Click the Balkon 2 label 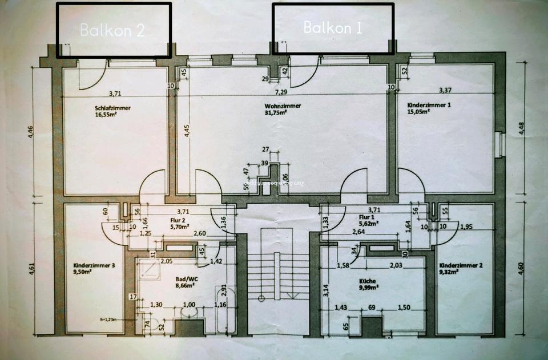point(112,30)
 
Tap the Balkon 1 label point(333,27)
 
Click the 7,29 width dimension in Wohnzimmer point(281,92)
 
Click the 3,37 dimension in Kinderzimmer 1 point(445,90)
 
